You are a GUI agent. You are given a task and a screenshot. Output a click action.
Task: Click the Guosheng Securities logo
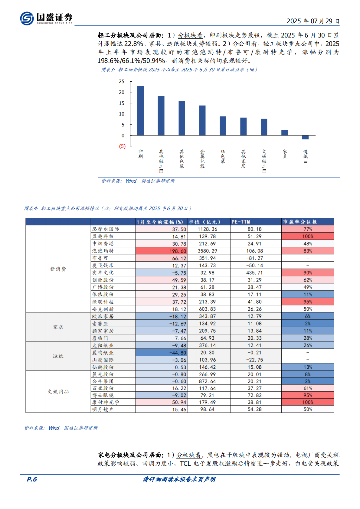click(x=46, y=18)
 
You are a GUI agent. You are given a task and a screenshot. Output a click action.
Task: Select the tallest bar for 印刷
click(x=140, y=111)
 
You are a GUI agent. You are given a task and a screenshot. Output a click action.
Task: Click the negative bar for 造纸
click(x=305, y=137)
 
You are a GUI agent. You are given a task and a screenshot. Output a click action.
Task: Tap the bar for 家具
click(x=285, y=133)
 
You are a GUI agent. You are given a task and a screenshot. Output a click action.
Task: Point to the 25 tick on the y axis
click(x=122, y=82)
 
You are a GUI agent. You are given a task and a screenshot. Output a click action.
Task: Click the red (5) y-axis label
click(x=122, y=146)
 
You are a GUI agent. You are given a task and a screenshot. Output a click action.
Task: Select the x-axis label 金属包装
click(x=202, y=159)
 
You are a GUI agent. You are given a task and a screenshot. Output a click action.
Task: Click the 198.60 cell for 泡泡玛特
click(x=161, y=251)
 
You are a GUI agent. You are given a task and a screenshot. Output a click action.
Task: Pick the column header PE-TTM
click(x=241, y=222)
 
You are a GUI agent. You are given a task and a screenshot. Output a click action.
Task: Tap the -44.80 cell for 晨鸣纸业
click(x=161, y=353)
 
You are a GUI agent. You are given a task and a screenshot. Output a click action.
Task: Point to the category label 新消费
click(x=58, y=269)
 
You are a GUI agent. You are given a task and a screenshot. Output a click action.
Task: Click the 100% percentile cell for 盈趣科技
click(x=308, y=237)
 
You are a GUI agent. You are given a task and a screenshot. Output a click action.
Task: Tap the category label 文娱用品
click(x=58, y=392)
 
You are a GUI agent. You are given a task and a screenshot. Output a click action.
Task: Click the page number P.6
click(x=32, y=479)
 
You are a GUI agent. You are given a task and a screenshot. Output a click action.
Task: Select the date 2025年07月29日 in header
click(x=313, y=21)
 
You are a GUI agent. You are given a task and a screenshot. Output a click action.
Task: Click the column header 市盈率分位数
click(x=300, y=222)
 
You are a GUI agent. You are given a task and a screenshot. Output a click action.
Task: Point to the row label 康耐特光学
click(x=106, y=402)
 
